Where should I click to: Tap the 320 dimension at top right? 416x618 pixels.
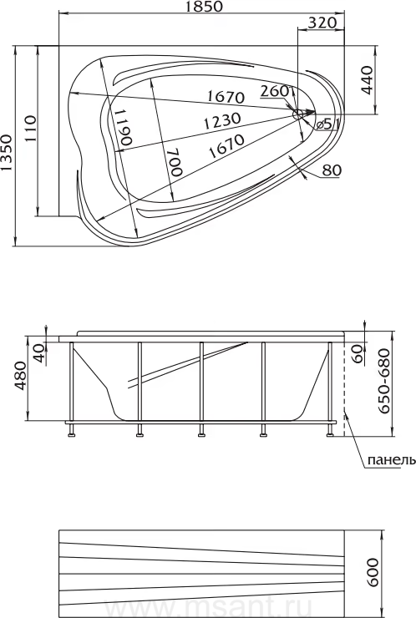point(322,23)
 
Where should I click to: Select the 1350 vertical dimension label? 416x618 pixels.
point(7,153)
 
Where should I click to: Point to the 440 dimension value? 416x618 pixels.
point(367,80)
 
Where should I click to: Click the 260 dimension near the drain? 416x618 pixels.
point(275,91)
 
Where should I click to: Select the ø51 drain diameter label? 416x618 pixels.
point(328,124)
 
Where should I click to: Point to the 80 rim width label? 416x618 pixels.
point(332,170)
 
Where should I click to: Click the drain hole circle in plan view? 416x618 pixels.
point(297,114)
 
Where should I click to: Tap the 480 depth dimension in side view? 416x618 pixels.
point(21,376)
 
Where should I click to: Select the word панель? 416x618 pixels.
point(391,460)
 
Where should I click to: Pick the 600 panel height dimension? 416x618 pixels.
point(373,572)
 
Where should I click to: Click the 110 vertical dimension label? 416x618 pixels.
point(30,128)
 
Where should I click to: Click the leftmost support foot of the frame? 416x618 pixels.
point(71,430)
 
